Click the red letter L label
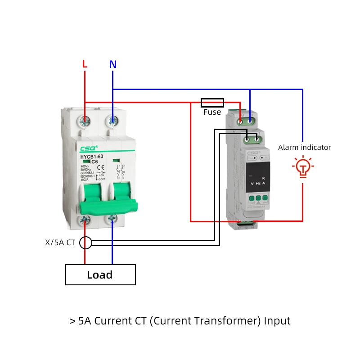(85, 64)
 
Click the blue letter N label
(112, 64)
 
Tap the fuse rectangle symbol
(212, 102)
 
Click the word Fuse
(212, 112)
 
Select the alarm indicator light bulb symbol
(303, 167)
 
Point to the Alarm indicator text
(304, 147)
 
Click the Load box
(100, 274)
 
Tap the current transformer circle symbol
(85, 243)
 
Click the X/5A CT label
(60, 243)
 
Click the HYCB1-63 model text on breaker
(92, 157)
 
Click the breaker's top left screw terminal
(85, 121)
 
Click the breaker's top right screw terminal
(112, 121)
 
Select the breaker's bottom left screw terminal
(85, 220)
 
